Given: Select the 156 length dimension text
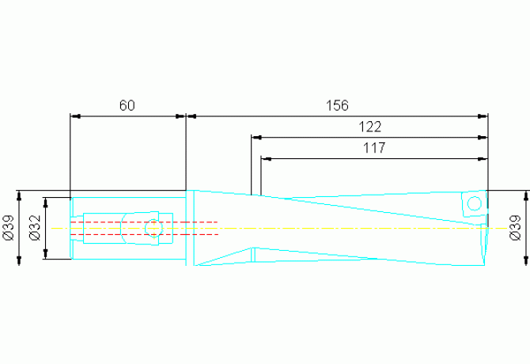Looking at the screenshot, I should (338, 105).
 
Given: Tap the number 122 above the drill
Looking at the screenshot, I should (370, 127).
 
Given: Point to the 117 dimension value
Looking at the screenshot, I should (374, 147).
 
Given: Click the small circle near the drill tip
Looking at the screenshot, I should (474, 204).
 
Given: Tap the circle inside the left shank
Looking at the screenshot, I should (153, 229).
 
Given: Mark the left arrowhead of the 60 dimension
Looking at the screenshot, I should (76, 116).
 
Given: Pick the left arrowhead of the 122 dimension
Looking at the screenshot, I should (256, 138).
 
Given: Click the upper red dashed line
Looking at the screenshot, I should (142, 222).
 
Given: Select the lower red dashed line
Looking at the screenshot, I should (142, 234).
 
